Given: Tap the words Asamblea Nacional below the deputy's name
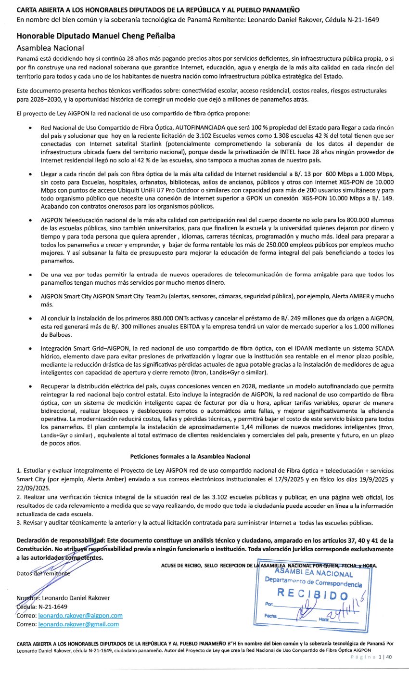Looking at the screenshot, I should pos(50,48).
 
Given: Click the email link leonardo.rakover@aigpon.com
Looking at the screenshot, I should pos(80,615).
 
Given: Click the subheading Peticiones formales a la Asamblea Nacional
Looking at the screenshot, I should pos(190,456).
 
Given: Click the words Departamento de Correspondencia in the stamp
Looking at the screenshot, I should pos(313,582).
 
